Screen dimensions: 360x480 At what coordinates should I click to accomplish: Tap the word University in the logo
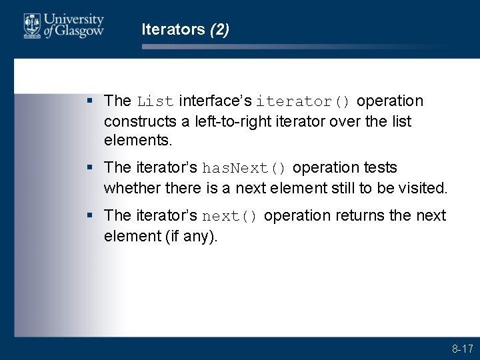pyautogui.click(x=74, y=21)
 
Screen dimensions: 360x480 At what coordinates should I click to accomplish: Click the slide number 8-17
pyautogui.click(x=462, y=349)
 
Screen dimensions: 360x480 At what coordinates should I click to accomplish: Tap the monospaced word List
pyautogui.click(x=155, y=102)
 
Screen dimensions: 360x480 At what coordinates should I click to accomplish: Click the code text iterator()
pyautogui.click(x=303, y=102)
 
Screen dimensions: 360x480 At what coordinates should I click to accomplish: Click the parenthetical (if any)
pyautogui.click(x=190, y=236)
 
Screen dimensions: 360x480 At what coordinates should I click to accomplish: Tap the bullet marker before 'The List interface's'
pyautogui.click(x=91, y=101)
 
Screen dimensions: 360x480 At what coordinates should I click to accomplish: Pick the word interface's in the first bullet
pyautogui.click(x=215, y=101)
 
